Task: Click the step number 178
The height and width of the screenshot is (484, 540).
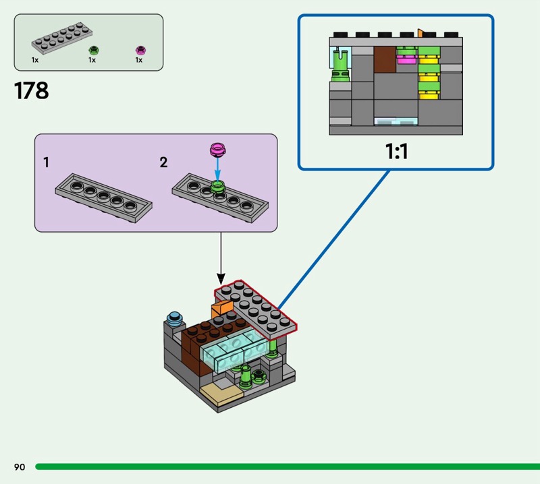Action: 32,90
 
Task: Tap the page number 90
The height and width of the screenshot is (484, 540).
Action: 19,466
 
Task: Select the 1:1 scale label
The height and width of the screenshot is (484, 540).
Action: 396,151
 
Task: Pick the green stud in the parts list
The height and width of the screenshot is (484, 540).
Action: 94,50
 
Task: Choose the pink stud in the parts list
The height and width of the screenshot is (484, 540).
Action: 140,50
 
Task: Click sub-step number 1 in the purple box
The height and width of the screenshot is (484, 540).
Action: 46,162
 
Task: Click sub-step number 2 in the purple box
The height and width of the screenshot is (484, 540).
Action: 164,162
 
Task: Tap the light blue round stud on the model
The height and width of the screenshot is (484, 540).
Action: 176,317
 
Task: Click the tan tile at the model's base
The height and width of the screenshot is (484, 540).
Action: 223,393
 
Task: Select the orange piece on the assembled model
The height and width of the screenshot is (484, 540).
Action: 221,311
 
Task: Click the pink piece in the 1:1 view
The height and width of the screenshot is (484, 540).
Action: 406,60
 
